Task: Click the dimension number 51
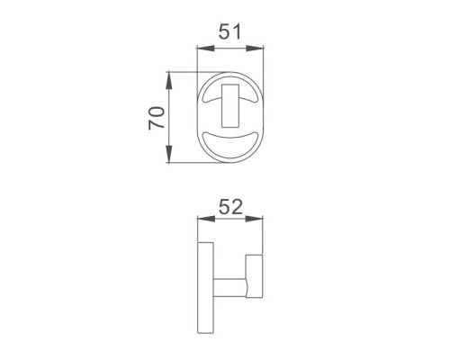point(229,32)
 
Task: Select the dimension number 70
point(157,118)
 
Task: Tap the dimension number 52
point(230,207)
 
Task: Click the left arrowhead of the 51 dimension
point(206,49)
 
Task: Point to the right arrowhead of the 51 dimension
point(255,49)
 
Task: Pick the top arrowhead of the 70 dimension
point(169,81)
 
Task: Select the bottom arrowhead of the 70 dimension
point(169,154)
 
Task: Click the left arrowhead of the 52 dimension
point(206,219)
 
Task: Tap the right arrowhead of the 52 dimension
point(254,219)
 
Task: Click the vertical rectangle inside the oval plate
point(230,106)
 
